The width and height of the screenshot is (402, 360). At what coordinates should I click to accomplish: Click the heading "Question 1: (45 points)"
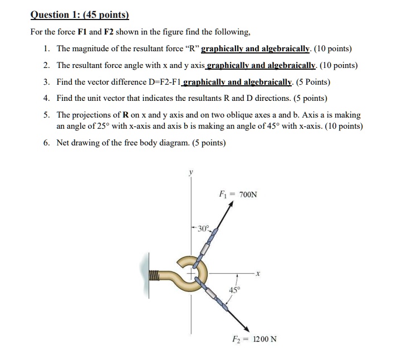pos(80,15)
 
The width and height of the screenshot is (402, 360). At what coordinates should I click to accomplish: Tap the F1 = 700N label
pos(238,194)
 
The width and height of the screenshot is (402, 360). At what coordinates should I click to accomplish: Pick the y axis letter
pos(190,173)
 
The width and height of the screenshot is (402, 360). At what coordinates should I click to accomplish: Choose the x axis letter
pos(259,273)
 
